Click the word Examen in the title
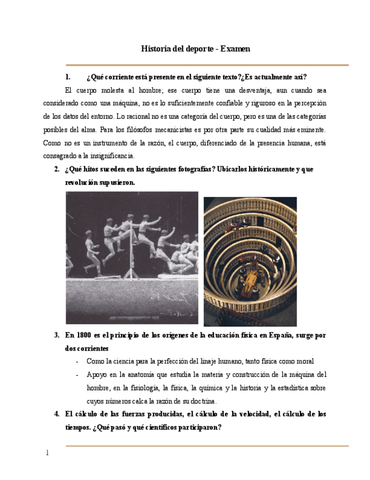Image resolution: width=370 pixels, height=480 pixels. (235, 49)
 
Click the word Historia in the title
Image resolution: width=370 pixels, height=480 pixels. (155, 49)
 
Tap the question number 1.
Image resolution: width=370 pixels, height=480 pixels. (68, 77)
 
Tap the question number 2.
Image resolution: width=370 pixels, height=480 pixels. (57, 169)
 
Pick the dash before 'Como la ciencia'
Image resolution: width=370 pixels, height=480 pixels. (77, 361)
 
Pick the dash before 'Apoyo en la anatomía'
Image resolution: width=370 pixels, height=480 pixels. (77, 375)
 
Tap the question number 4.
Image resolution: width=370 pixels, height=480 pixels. (57, 414)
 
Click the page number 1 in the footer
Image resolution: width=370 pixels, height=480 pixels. (47, 453)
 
